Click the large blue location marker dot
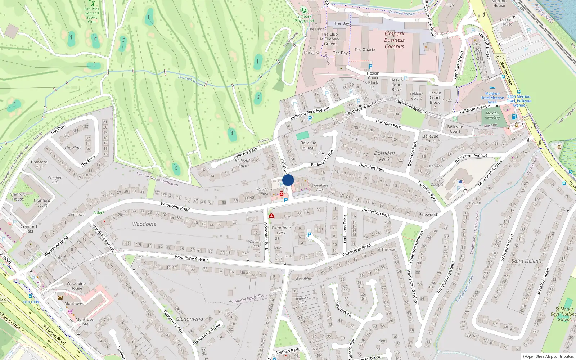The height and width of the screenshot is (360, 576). point(288,180)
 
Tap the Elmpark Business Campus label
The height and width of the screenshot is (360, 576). point(394,40)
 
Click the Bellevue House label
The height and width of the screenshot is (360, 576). point(308,145)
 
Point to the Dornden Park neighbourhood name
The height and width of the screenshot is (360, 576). point(384,156)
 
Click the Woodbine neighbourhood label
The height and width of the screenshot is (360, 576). point(144,224)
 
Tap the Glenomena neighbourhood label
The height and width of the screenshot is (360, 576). point(189,319)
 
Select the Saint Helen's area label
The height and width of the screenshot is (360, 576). point(526,261)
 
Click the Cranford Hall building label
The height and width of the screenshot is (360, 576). point(39,164)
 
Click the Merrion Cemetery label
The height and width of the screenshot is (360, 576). point(492,115)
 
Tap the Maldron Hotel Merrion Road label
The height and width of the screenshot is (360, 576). point(492,98)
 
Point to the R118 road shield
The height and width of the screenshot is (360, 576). point(500,57)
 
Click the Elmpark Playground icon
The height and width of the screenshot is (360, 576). point(304,10)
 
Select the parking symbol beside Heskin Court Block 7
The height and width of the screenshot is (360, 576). point(370,67)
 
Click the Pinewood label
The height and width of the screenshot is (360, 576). point(428,215)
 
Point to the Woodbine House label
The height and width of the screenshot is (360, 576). point(76,286)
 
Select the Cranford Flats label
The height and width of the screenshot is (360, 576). point(29,229)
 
